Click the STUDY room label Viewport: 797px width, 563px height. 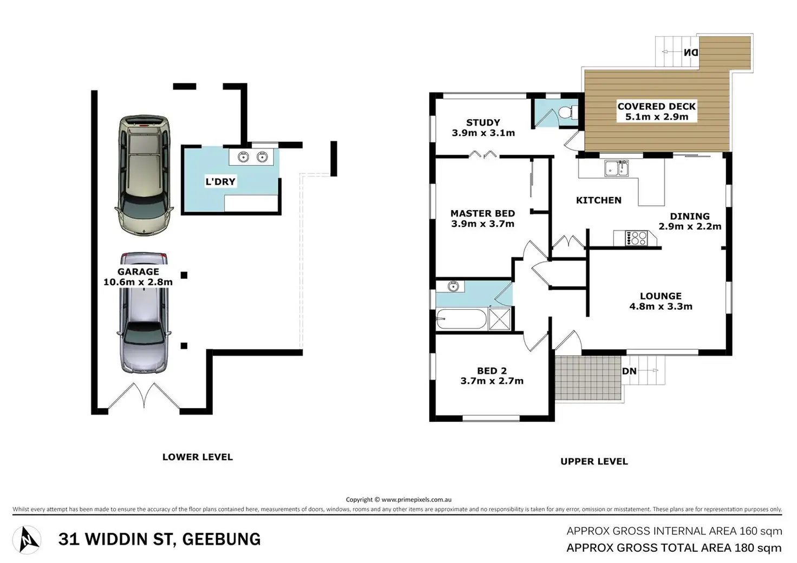click(483, 123)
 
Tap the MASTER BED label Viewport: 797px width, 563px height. click(483, 213)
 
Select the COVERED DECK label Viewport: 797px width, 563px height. click(656, 106)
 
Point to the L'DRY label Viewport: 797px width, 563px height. click(220, 182)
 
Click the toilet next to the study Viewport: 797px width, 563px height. click(567, 113)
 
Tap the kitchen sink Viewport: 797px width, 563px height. click(616, 168)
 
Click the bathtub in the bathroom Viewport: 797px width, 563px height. click(461, 319)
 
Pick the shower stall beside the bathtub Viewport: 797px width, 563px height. click(500, 319)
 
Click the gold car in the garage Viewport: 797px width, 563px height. click(143, 175)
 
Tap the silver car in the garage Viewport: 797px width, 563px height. click(143, 312)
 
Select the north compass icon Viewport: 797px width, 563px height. click(27, 540)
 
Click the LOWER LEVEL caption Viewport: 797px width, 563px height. click(198, 457)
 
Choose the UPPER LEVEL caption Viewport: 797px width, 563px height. click(594, 462)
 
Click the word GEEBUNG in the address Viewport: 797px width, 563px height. click(221, 539)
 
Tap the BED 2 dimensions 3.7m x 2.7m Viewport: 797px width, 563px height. click(492, 381)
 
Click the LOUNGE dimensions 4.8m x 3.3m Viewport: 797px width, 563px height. click(661, 306)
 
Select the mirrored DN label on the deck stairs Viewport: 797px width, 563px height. click(691, 53)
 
